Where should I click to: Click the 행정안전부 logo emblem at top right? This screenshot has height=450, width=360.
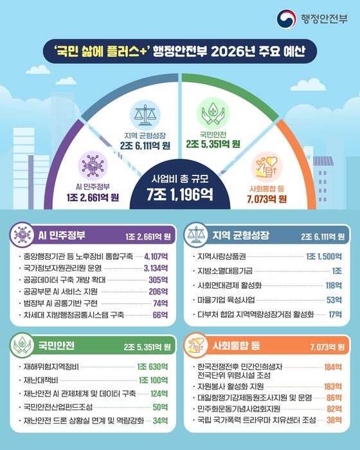click(x=287, y=17)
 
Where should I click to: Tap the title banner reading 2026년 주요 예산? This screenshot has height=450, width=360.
click(x=179, y=50)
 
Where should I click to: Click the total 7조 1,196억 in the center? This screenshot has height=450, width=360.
click(x=179, y=192)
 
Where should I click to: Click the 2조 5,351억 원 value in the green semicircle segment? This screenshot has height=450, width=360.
click(x=213, y=145)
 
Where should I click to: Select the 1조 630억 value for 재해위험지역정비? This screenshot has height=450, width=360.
click(x=152, y=366)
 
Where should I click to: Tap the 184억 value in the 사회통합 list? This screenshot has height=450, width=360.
click(x=332, y=367)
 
